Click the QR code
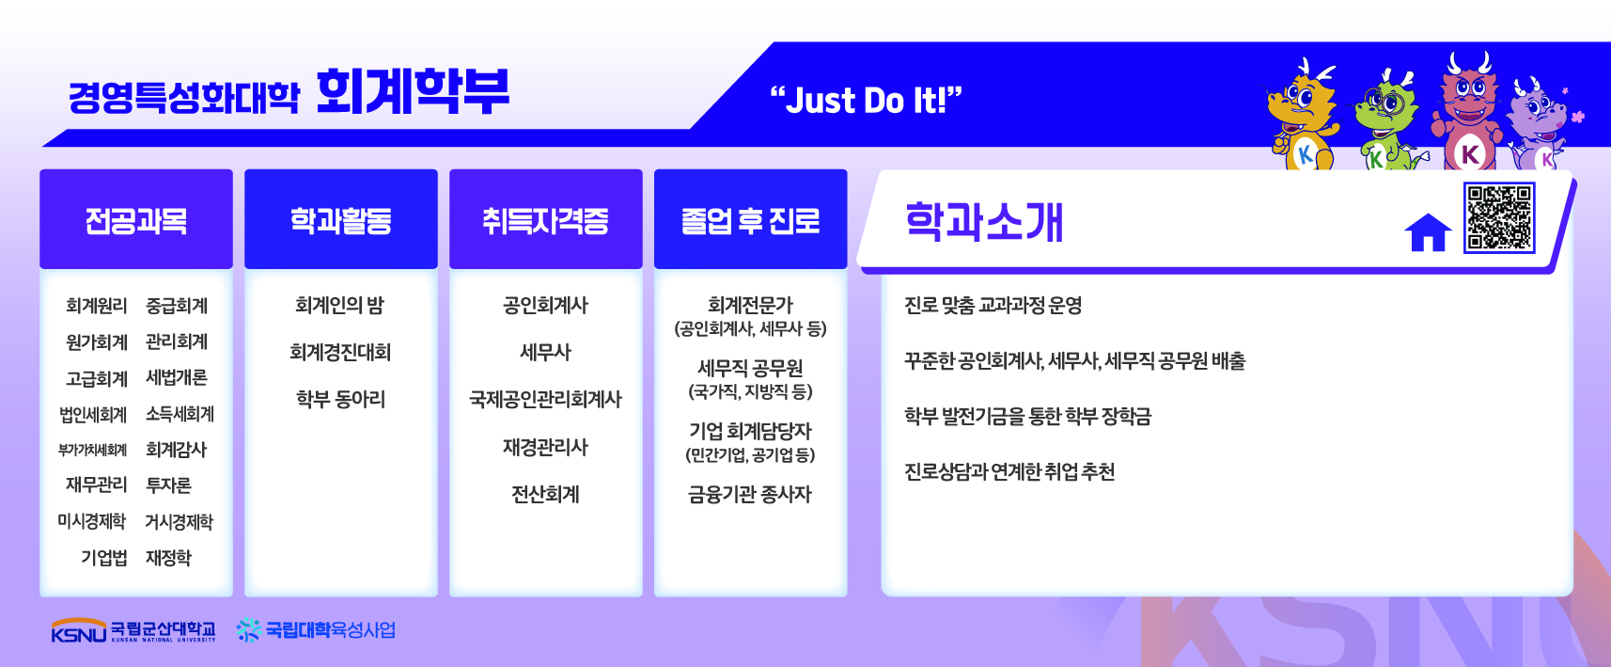[x=1499, y=217]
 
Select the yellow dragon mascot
[x=1301, y=115]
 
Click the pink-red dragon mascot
[x=1468, y=112]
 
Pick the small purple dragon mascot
[x=1539, y=126]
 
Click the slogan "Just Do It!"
[x=866, y=100]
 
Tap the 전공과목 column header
[x=136, y=219]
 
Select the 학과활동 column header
[x=341, y=219]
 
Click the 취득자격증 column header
[x=546, y=219]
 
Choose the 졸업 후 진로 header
[x=751, y=219]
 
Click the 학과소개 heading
[x=984, y=222]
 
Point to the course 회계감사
[x=176, y=450]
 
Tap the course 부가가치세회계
[x=92, y=451]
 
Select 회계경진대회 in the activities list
[x=340, y=352]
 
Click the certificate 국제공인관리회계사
[x=545, y=399]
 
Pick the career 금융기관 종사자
[x=750, y=494]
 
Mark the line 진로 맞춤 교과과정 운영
[x=993, y=305]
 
